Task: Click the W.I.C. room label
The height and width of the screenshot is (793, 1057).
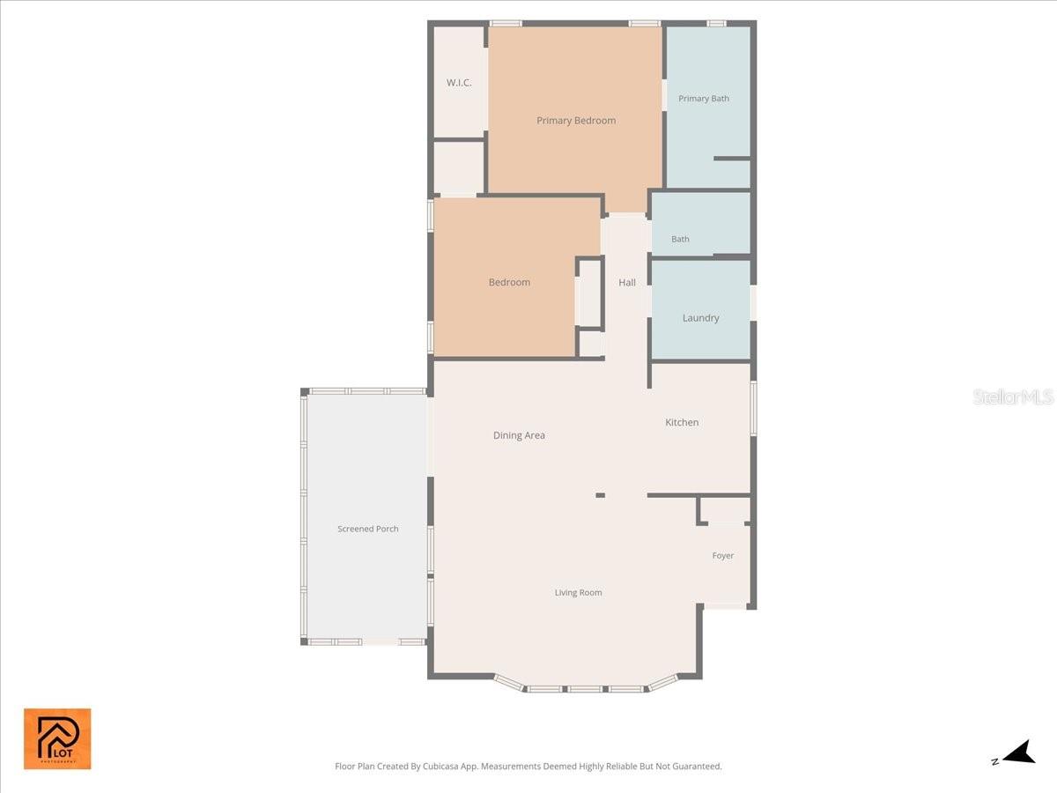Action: [459, 83]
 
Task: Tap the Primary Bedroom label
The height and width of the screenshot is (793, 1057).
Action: [576, 121]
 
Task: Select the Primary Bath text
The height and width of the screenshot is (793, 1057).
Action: [704, 99]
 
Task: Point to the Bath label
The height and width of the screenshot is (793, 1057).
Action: [680, 239]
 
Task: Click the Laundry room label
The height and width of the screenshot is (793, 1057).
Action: [700, 318]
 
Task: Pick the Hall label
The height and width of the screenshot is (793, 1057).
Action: [627, 283]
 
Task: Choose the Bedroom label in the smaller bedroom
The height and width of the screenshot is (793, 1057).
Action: [509, 283]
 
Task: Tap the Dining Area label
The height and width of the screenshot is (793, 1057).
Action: [519, 435]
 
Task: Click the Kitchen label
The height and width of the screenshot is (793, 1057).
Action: [682, 423]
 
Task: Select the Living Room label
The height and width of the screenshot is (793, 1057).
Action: [578, 593]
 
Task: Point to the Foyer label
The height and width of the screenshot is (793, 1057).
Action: [723, 556]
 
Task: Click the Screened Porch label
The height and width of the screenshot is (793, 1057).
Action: [368, 530]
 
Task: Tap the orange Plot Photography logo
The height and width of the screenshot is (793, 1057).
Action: [57, 738]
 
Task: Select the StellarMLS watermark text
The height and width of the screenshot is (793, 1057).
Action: [1013, 397]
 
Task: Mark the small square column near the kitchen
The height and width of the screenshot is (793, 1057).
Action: [600, 495]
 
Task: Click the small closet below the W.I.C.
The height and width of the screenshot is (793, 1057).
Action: [459, 167]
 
